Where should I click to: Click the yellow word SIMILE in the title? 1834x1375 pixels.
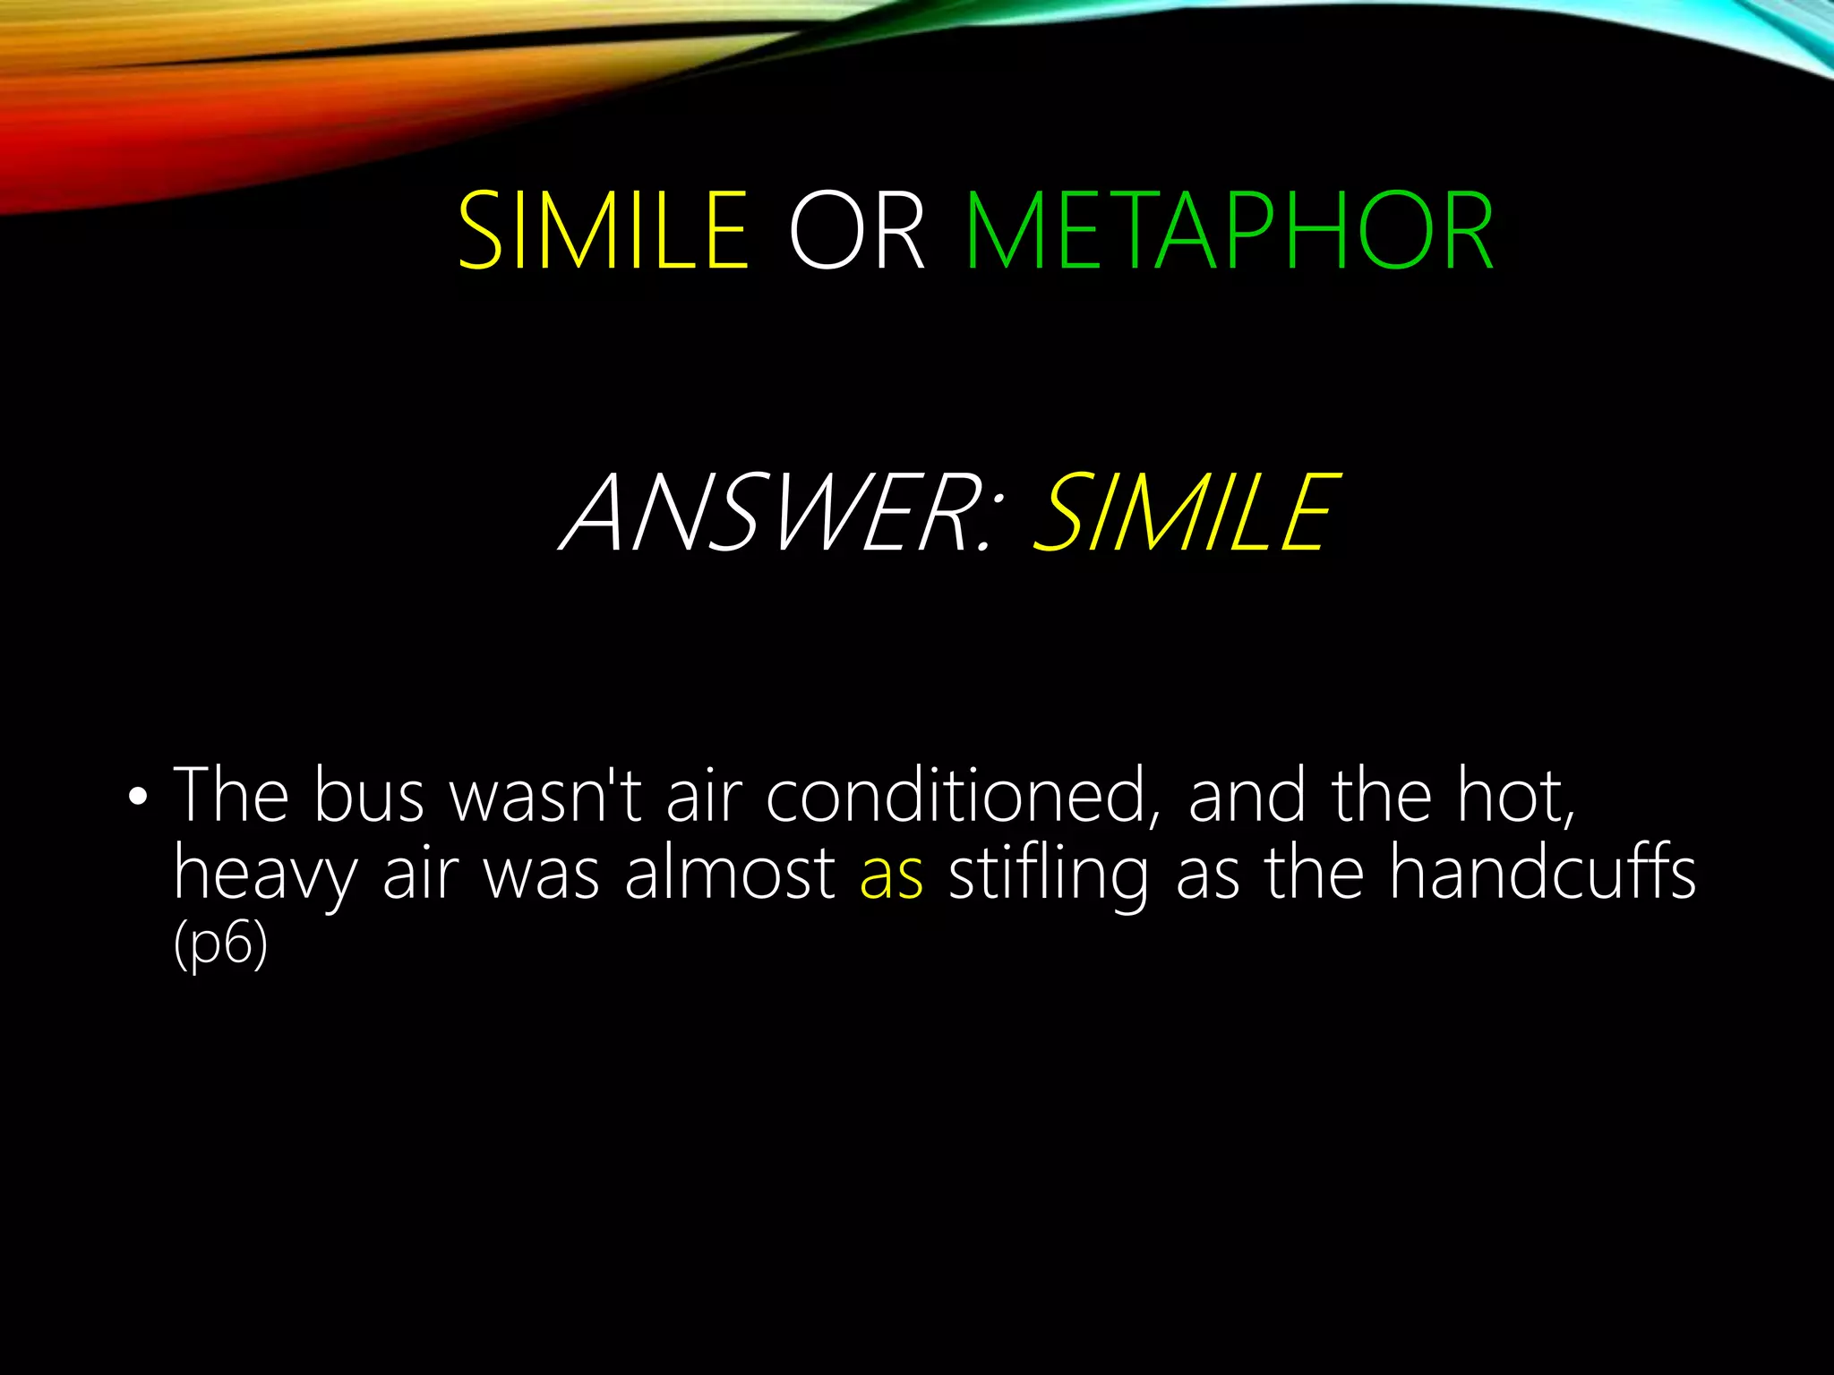[x=602, y=231]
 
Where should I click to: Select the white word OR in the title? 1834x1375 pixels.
[x=856, y=231]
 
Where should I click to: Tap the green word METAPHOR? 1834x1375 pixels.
[x=1230, y=231]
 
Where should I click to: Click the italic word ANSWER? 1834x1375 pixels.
[x=776, y=513]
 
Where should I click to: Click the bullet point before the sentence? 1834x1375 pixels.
[x=136, y=796]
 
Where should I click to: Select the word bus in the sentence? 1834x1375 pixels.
[x=368, y=796]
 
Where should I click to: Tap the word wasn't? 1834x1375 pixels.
[x=546, y=796]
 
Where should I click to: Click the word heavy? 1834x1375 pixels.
[x=265, y=876]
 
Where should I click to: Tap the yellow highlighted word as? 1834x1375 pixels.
[x=891, y=875]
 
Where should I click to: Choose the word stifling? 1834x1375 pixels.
[x=1048, y=875]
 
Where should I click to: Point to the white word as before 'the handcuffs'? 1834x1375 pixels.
[x=1208, y=875]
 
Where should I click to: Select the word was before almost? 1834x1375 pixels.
[x=541, y=875]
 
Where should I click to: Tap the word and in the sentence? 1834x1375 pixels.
[x=1246, y=796]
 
